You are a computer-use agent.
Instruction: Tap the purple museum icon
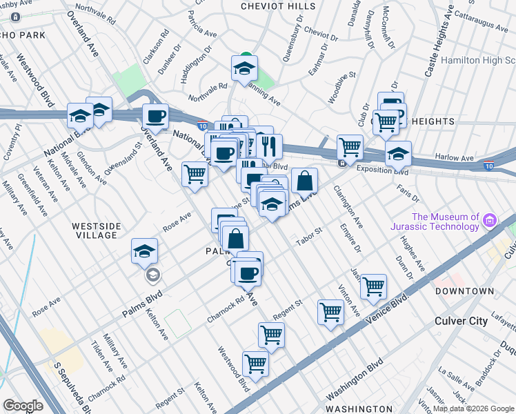point(490,221)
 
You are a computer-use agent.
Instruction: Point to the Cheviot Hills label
point(272,6)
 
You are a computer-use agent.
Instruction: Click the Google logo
point(23,406)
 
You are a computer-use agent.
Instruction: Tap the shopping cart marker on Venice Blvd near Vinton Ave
point(331,312)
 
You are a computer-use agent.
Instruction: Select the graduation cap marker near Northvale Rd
point(244,68)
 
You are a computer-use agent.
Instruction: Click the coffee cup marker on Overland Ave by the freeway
point(155,116)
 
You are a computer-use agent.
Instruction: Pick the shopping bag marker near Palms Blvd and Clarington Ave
point(304,181)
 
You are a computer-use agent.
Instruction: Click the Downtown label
point(464,291)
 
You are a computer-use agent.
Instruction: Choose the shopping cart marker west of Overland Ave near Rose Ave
point(195,174)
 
